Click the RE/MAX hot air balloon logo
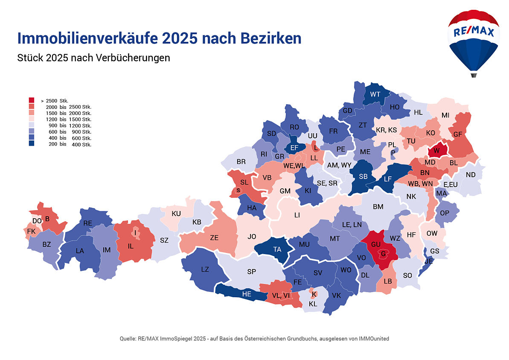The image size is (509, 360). [x=473, y=41]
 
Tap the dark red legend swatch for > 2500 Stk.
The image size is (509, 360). [x=32, y=100]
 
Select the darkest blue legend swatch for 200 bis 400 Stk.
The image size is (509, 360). [x=32, y=144]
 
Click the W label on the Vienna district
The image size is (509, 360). [x=436, y=151]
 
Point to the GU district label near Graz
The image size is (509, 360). [x=376, y=244]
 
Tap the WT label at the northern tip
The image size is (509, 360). [x=375, y=94]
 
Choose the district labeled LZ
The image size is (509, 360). [x=205, y=269]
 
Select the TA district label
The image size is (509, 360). [x=277, y=249]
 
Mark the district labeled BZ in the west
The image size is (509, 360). [x=46, y=245]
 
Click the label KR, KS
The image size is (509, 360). [x=386, y=130]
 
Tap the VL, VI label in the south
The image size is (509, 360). [x=281, y=295]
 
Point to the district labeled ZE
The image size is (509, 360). [x=214, y=238]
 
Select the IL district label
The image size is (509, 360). [x=131, y=246]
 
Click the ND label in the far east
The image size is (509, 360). [x=471, y=175]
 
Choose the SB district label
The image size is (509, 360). [x=363, y=176]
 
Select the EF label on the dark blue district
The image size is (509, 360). [x=294, y=148]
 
